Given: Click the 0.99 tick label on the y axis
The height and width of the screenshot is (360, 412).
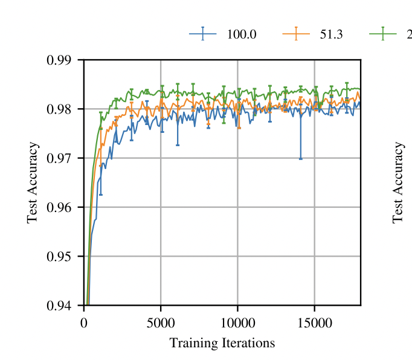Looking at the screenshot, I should coord(59,60).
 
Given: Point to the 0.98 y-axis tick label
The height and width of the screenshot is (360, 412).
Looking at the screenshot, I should coord(59,109).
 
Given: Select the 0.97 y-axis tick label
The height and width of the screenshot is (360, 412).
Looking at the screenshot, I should coord(59,158).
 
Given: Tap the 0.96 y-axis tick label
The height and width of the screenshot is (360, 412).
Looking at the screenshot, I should coord(59,207).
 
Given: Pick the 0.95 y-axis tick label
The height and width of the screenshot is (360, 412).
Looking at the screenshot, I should coord(59,257).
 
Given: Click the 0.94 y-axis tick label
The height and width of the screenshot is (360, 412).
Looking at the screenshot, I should coord(59,306).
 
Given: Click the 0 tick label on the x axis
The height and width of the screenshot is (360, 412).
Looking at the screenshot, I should coord(84,323).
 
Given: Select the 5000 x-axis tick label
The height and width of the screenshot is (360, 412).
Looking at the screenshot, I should coord(161,323).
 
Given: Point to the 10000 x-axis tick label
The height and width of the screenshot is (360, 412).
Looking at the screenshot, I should coord(237,323).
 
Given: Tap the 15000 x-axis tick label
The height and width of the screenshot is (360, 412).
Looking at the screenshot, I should coord(314,323).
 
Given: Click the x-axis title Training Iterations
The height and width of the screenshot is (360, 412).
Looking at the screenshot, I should coord(222,343).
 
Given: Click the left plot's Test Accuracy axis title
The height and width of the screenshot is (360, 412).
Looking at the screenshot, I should coord(33,182).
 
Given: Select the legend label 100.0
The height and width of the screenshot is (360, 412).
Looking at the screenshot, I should coord(242,34).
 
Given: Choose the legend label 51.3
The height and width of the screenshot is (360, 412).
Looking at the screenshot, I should coord(331,34).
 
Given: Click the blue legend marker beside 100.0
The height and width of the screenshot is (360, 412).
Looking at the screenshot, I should coord(203,34).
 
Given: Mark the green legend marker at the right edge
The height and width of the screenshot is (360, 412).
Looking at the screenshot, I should coord(383,34).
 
